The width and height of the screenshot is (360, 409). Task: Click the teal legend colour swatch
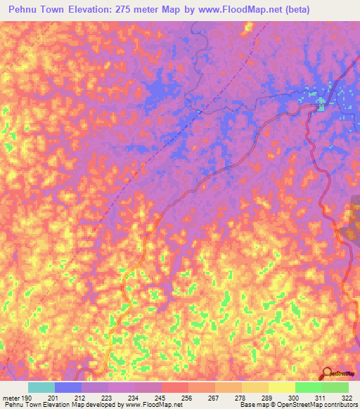point(41,387)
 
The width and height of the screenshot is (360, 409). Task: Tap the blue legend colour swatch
point(67,387)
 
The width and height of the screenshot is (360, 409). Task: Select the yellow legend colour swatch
point(281,387)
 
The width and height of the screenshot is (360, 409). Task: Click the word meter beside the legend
point(10,398)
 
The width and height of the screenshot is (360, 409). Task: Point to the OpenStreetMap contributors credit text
point(308,405)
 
